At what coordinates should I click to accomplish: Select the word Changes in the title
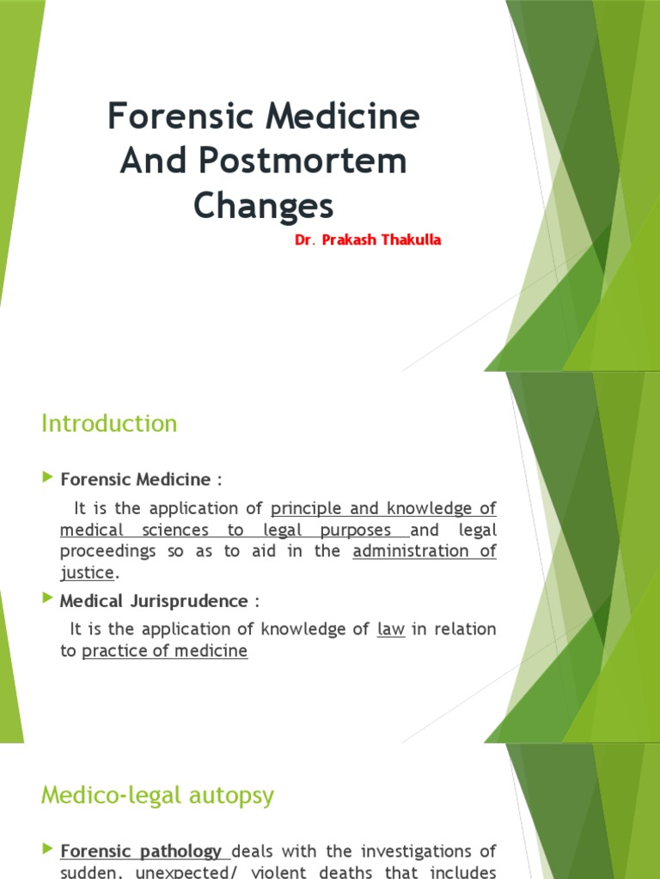(263, 206)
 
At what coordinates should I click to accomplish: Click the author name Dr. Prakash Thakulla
(368, 240)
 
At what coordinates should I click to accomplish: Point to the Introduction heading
(109, 423)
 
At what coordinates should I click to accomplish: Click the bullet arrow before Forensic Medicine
(48, 476)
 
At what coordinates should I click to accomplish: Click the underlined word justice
(87, 572)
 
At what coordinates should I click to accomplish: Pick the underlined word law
(390, 629)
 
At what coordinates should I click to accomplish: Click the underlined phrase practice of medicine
(164, 652)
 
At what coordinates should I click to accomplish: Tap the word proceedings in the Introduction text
(107, 551)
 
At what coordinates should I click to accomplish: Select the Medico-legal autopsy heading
(157, 796)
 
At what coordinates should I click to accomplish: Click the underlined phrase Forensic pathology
(141, 852)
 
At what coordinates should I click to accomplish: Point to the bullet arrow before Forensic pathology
(48, 850)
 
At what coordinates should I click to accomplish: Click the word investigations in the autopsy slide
(405, 852)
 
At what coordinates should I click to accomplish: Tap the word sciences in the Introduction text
(173, 530)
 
